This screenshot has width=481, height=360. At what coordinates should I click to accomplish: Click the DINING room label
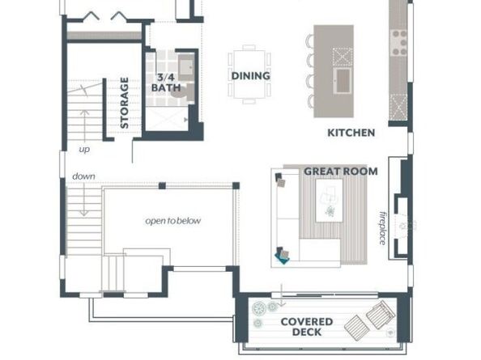(250, 76)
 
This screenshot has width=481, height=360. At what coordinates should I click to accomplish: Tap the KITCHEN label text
(351, 133)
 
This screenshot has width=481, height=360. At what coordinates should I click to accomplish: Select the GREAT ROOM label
(340, 172)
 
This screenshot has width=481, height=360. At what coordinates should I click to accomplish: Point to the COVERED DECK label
(300, 327)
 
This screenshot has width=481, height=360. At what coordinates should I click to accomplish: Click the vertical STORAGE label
(125, 103)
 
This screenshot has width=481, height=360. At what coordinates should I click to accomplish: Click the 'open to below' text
(173, 221)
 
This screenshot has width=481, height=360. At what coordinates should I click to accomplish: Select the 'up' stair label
(84, 150)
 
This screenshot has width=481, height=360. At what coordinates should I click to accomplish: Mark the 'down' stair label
(83, 176)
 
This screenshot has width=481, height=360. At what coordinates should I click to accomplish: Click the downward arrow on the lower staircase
(83, 202)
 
